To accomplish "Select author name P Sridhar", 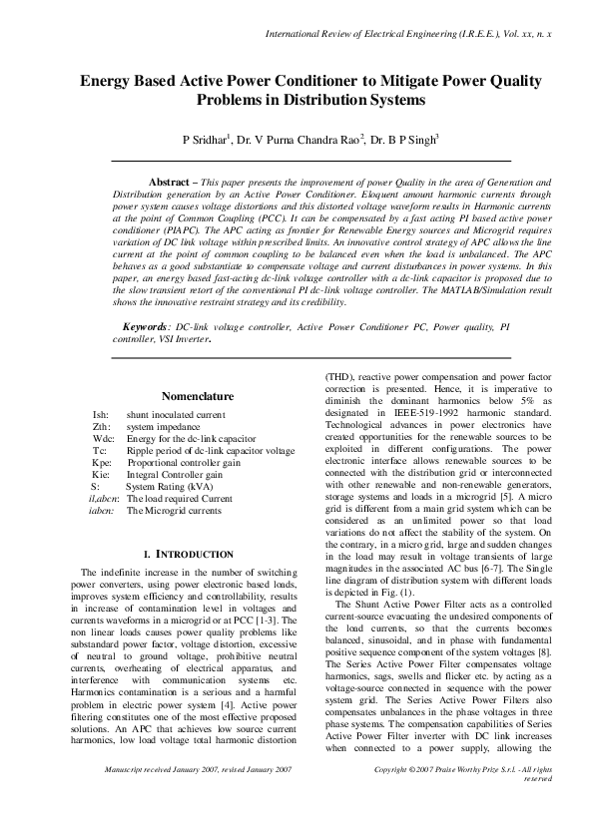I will point(205,141).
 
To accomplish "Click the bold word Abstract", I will point(171,183).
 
